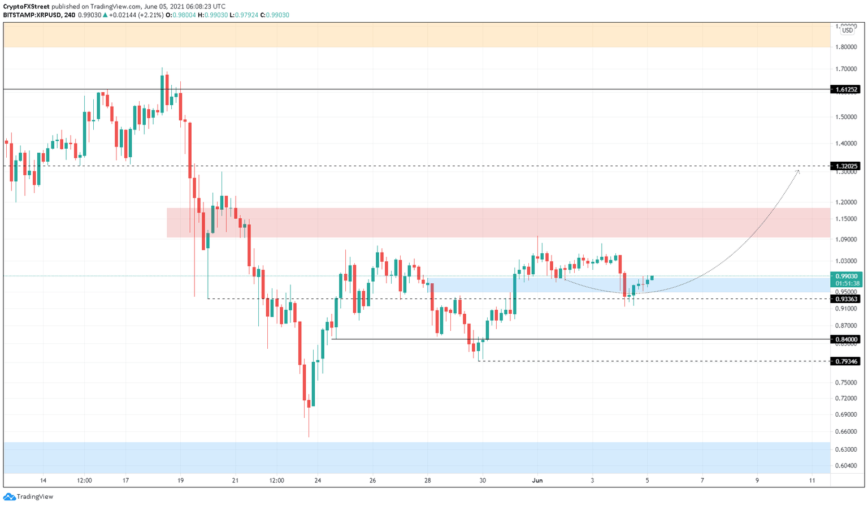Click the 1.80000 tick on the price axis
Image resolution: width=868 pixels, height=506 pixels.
(846, 47)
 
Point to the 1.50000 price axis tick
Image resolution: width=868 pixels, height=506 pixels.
(846, 117)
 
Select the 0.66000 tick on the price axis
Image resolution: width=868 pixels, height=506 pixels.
(846, 431)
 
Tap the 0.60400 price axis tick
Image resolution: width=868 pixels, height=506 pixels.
(846, 466)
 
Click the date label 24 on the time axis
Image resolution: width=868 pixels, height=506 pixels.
(318, 481)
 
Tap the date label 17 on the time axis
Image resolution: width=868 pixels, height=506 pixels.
(126, 481)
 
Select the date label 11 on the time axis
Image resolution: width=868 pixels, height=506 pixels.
(812, 481)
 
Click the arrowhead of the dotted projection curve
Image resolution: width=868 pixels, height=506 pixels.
(798, 171)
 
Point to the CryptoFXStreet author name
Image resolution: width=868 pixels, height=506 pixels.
(26, 7)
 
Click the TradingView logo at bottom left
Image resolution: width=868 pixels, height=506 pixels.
(29, 496)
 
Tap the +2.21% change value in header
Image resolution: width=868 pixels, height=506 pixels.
(151, 15)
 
